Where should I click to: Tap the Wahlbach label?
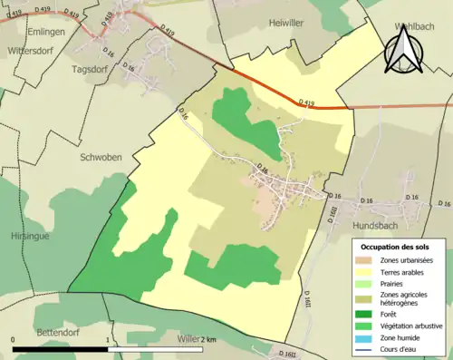point(419,27)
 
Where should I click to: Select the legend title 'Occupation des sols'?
point(396,247)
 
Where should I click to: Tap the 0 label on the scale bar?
point(14,340)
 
